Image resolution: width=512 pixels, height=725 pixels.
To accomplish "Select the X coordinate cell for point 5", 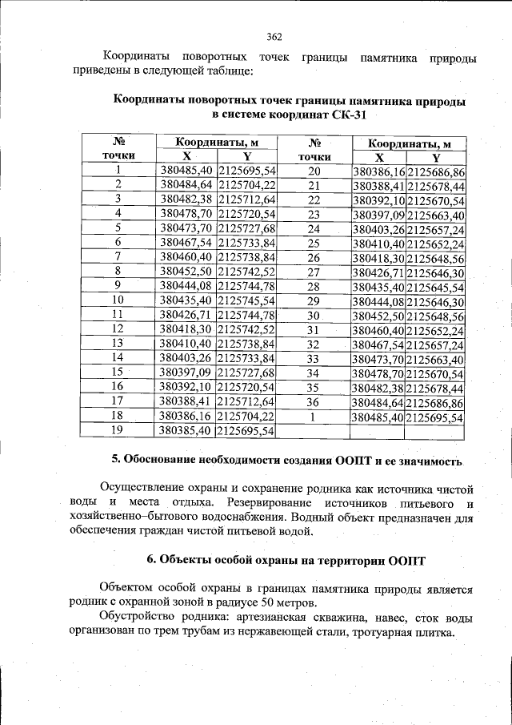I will coord(186,228).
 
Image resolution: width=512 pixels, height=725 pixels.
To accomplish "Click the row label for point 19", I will coord(118,430).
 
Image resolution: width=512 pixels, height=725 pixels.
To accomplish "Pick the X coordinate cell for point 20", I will coord(378,171).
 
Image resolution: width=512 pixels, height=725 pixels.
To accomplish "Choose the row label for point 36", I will coord(314,402).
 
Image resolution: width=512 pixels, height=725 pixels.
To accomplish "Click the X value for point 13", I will coord(186,343).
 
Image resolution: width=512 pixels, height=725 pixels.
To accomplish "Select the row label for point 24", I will coord(314,229).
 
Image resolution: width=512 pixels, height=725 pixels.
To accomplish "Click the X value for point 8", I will coord(186,271).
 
